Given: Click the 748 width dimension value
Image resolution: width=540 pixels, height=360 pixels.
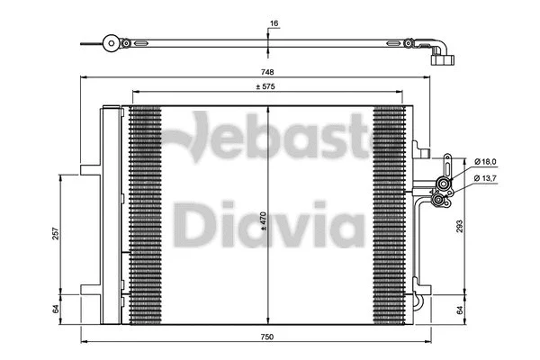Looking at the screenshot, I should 268,72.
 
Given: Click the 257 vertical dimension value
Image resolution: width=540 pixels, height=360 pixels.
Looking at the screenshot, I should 56,233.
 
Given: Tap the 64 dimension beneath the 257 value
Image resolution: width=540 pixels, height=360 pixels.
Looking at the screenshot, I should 56,308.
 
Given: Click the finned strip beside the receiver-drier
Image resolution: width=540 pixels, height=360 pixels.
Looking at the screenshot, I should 145,216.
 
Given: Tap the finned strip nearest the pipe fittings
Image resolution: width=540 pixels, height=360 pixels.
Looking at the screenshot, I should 389,216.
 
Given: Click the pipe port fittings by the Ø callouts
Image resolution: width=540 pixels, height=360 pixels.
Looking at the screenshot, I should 443,189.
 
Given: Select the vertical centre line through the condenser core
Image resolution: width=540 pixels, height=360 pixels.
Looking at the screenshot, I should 268,270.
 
